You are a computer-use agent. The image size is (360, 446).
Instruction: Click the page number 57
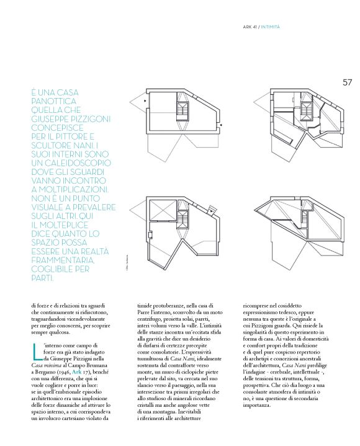coord(347,82)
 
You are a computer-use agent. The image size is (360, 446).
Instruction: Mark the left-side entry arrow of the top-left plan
coord(145,100)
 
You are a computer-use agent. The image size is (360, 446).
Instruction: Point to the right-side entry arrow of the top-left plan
coord(220,125)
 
